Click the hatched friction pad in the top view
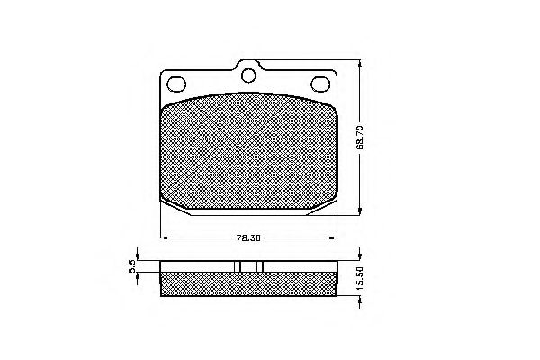tap(249, 153)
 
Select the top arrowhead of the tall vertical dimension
tap(361, 63)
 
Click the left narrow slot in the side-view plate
tap(239, 266)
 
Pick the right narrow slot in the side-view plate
tap(259, 266)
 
